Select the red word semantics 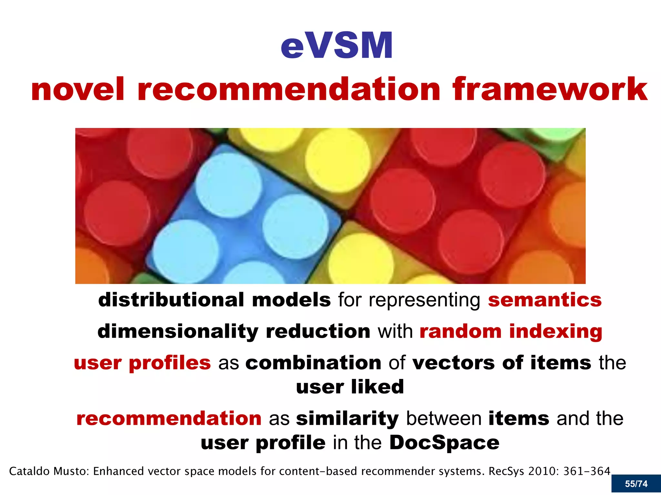[x=545, y=300]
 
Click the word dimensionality [x=178, y=331]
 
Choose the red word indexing [x=555, y=331]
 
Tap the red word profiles [x=170, y=363]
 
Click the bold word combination [x=313, y=363]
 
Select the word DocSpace [x=444, y=442]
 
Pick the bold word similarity [x=347, y=419]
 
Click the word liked [x=377, y=387]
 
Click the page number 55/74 [x=636, y=484]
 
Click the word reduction [x=318, y=331]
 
